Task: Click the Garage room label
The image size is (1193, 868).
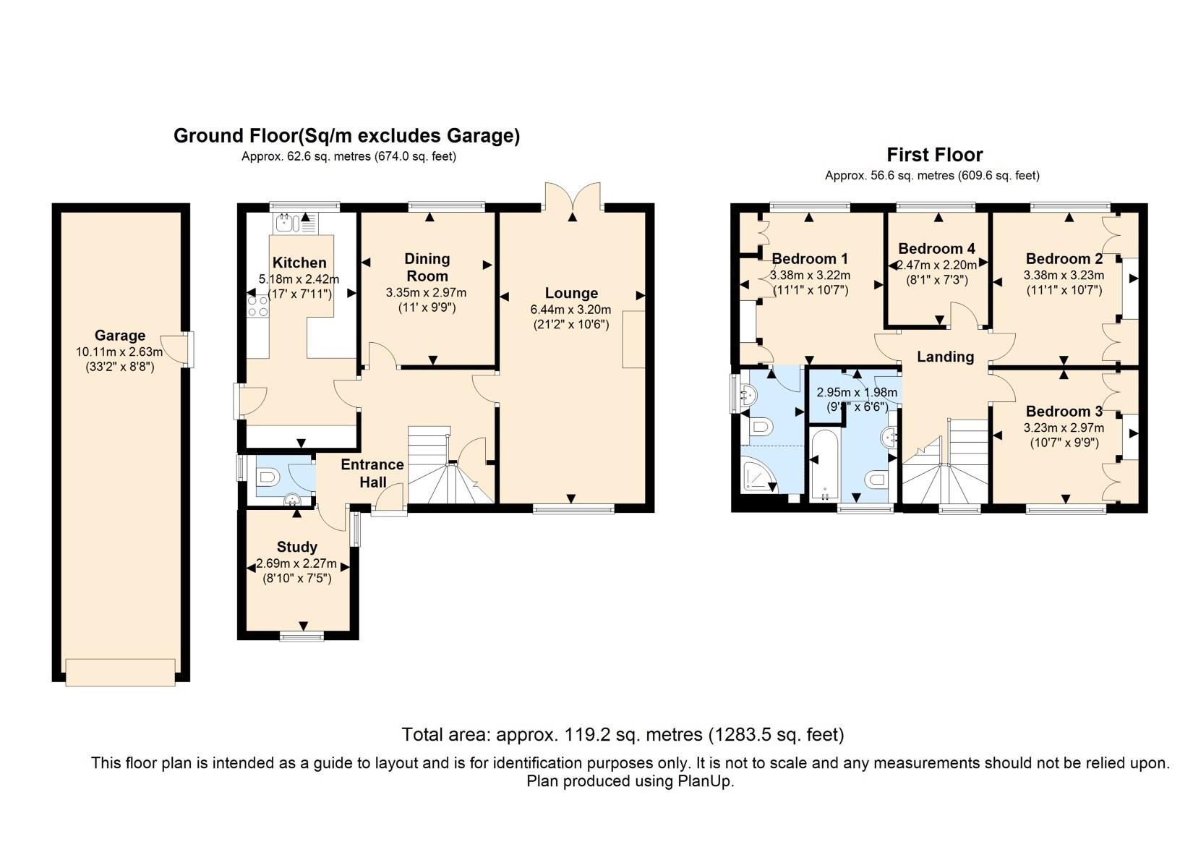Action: point(120,335)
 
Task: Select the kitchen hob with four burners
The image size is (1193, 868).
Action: point(258,307)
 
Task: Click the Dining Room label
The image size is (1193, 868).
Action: point(427,268)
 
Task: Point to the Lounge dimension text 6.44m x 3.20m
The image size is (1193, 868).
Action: point(571,309)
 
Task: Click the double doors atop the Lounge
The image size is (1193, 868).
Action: point(573,196)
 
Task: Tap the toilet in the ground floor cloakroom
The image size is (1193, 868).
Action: point(268,477)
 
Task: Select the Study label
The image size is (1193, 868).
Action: point(297,547)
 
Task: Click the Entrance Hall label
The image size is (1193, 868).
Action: point(372,473)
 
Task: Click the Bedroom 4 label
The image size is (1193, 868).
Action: point(937,248)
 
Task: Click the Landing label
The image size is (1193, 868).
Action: point(945,357)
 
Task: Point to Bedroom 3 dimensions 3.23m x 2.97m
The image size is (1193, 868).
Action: point(1064,427)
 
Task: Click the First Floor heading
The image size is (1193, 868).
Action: point(935,155)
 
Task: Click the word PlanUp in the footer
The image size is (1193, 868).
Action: point(706,781)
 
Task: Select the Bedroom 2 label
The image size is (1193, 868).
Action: point(1064,258)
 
